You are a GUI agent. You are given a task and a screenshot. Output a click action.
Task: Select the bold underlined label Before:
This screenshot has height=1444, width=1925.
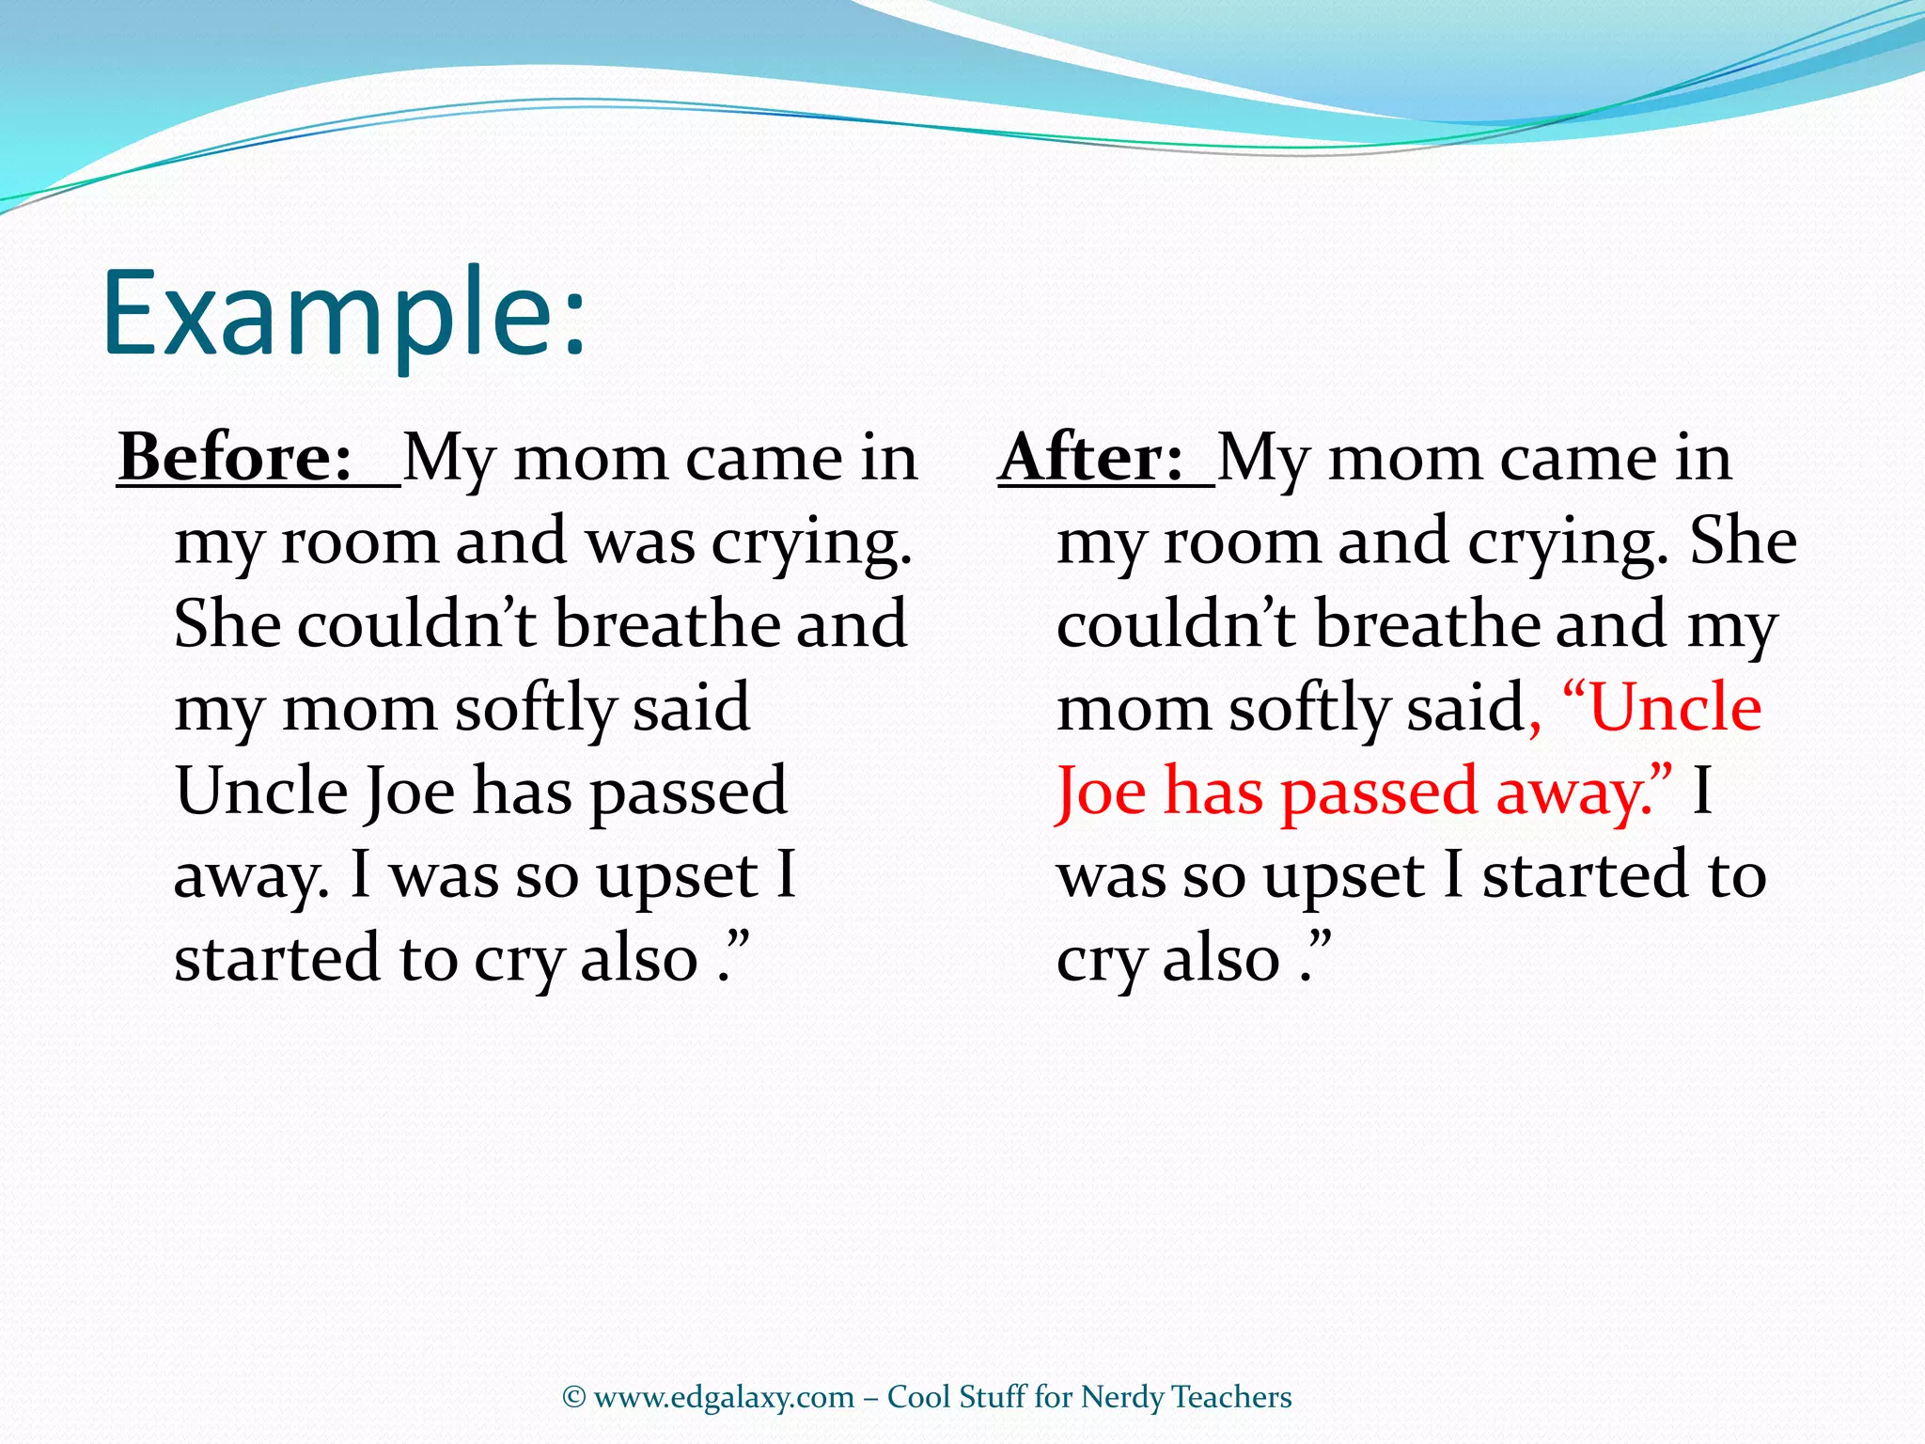[235, 458]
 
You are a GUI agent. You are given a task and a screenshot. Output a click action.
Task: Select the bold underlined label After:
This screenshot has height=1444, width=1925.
[1090, 458]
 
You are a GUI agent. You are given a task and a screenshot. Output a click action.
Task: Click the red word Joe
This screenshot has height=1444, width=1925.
[1100, 792]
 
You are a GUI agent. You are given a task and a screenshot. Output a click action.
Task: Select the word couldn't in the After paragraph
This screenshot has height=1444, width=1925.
[1175, 625]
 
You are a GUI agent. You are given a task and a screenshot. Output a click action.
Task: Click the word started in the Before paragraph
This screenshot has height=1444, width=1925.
[276, 959]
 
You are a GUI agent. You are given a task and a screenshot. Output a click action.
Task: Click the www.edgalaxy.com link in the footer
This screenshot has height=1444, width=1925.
[724, 1397]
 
